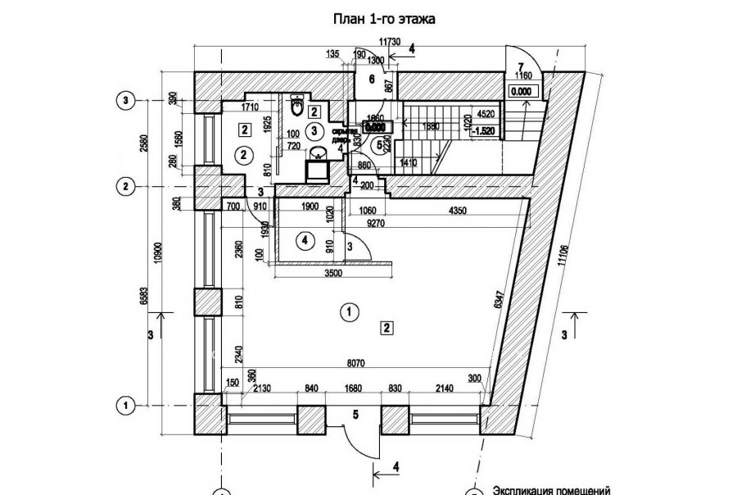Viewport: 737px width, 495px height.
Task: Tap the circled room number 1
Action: [350, 311]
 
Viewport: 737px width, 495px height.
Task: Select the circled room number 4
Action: [304, 241]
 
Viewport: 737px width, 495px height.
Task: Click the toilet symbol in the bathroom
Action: [298, 107]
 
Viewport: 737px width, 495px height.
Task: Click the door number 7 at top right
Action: [520, 66]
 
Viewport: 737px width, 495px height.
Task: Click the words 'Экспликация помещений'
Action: [551, 491]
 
